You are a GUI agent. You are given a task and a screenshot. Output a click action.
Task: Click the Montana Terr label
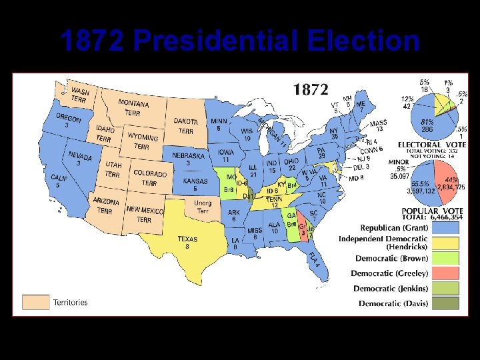133,107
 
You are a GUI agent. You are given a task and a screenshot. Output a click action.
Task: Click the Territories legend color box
36,302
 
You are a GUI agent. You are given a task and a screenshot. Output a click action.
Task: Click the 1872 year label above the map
311,89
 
